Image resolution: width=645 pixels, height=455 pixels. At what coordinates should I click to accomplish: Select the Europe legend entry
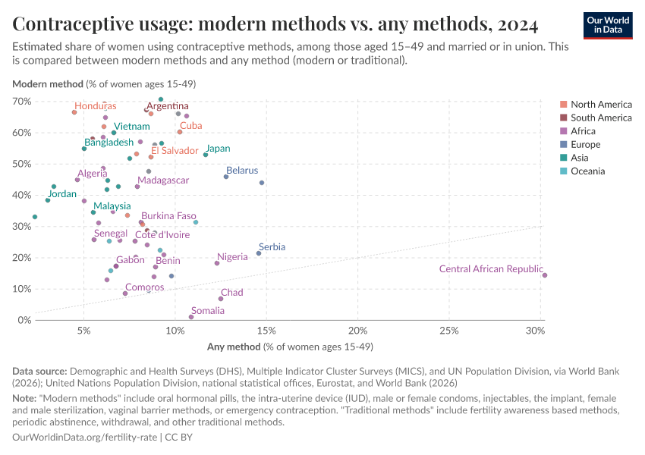click(585, 144)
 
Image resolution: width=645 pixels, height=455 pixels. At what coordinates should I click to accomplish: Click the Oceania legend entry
click(587, 171)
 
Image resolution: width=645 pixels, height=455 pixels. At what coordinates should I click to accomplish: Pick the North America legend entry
click(601, 104)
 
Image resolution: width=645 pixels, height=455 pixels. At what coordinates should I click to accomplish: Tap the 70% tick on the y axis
click(21, 101)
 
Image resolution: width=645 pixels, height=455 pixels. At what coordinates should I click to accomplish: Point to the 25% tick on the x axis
click(448, 331)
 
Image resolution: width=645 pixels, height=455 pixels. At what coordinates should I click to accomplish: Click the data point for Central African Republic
click(545, 275)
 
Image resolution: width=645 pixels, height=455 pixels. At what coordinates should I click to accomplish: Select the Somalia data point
click(191, 317)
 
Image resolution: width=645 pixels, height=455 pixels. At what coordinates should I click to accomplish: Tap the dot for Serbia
click(259, 253)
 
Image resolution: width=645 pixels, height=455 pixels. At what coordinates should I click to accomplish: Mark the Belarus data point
click(226, 177)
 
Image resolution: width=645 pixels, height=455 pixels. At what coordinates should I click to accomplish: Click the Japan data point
click(206, 155)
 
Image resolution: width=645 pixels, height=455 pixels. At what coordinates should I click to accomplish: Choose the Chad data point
click(221, 299)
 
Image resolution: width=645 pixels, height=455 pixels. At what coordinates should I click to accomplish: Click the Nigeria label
click(232, 257)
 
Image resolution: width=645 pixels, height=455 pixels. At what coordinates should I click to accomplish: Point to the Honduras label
click(96, 106)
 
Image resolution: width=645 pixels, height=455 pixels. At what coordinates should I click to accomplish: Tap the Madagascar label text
click(163, 180)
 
